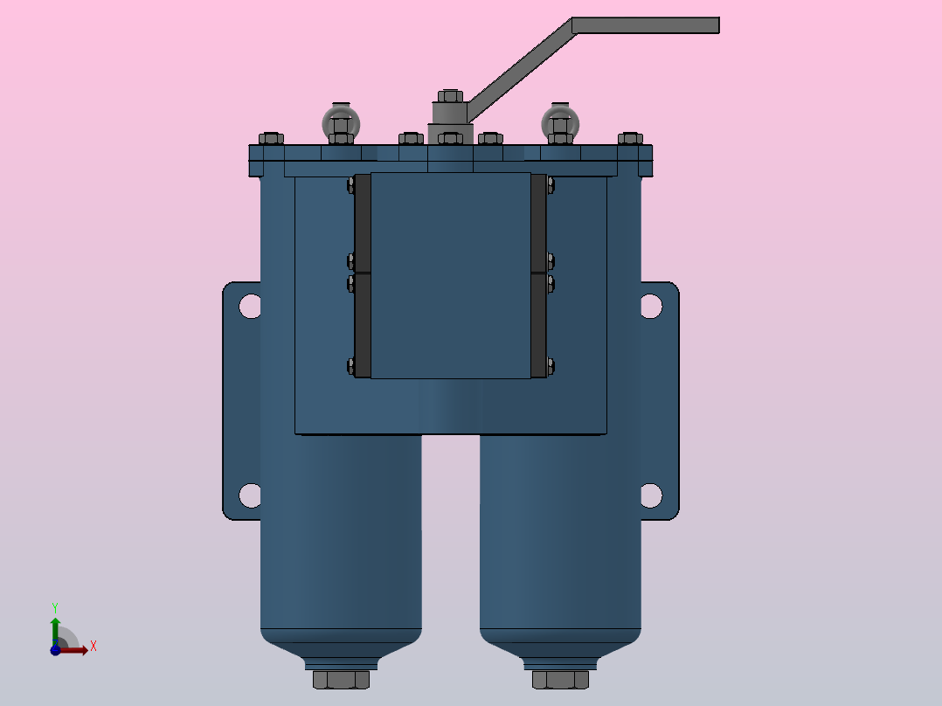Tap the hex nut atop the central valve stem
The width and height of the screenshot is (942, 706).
point(449,96)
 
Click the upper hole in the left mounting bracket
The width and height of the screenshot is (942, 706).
point(251,306)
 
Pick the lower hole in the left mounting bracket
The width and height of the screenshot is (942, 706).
point(251,495)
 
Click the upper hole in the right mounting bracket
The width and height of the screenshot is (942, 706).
point(651,306)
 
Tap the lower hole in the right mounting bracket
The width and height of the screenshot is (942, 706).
point(651,495)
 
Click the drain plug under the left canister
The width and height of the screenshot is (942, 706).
point(341,679)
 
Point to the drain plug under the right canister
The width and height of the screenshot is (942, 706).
point(560,679)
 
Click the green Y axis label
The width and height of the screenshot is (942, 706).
point(54,606)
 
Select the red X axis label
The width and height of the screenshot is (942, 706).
point(93,647)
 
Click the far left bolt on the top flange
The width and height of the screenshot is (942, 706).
point(271,138)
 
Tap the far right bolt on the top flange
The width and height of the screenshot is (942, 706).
point(630,138)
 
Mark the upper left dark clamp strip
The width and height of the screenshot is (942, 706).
point(363,223)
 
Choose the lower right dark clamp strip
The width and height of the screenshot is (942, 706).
point(538,325)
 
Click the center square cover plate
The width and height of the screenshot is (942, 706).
point(451,275)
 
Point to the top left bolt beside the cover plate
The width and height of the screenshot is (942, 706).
point(351,184)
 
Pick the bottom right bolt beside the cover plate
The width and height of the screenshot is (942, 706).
point(550,366)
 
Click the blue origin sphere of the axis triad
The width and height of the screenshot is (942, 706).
point(55,649)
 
